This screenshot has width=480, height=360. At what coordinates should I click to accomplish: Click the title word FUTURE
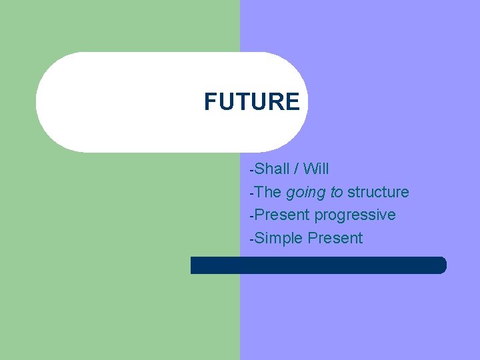252,102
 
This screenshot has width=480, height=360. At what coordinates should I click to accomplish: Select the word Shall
272,169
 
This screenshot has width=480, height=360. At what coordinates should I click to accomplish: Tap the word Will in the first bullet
316,169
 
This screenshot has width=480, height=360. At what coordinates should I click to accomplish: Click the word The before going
268,192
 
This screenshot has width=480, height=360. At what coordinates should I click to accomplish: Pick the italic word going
306,193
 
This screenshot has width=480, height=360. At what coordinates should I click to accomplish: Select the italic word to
337,192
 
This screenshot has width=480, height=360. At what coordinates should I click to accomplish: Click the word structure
378,192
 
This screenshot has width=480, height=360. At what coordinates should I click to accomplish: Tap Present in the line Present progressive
283,215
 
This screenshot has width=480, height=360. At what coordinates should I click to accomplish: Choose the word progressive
355,215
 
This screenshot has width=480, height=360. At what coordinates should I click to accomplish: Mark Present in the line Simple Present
335,239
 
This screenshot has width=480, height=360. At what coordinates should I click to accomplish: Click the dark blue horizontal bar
318,265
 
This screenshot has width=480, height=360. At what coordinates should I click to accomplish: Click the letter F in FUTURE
210,102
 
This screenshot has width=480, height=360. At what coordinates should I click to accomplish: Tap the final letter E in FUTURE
293,102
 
